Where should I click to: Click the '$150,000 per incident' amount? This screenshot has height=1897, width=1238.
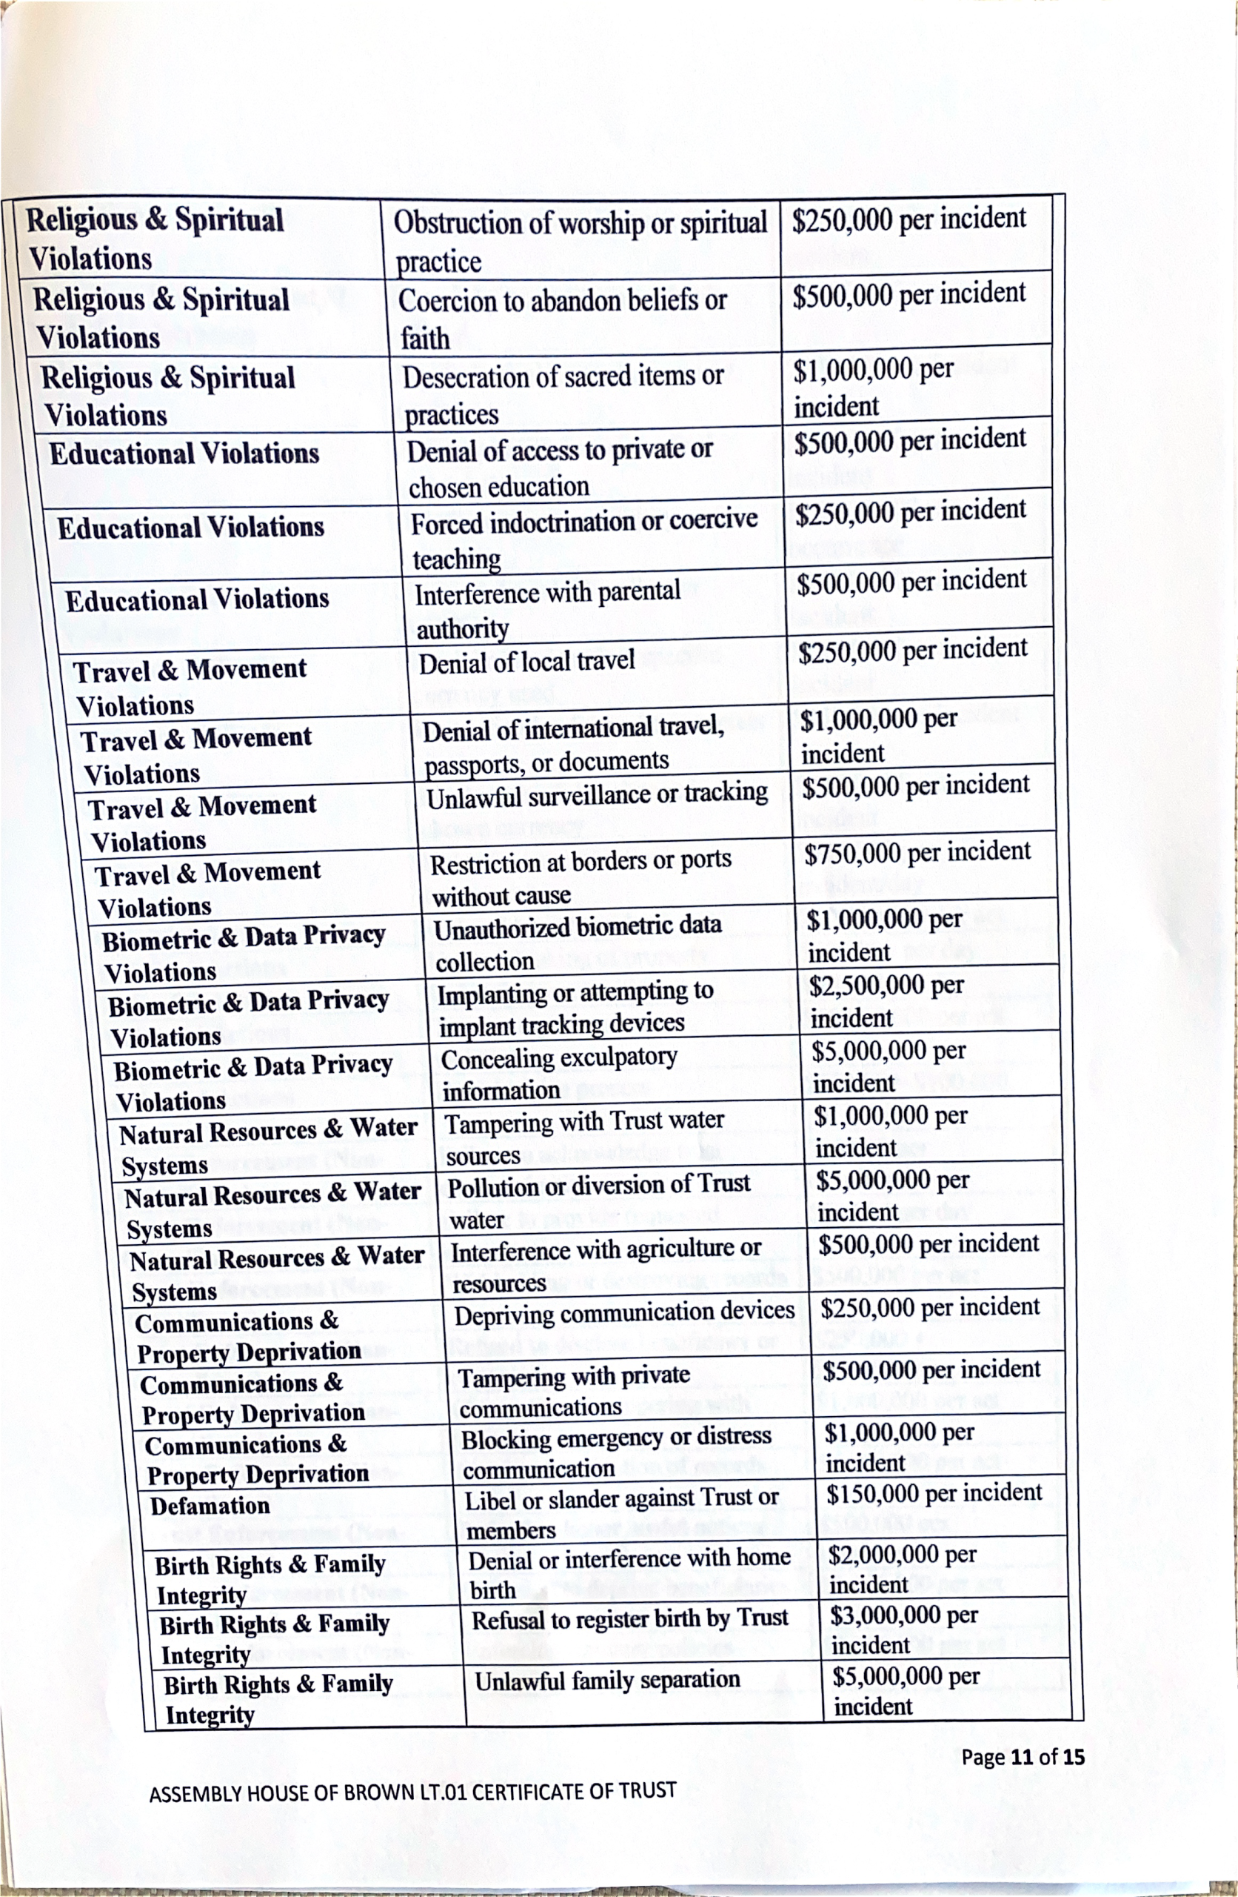[934, 1494]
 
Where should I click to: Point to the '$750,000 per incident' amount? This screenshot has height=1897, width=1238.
[917, 853]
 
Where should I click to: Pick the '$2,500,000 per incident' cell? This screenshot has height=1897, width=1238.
[886, 1000]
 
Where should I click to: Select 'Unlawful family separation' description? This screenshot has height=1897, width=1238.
[607, 1680]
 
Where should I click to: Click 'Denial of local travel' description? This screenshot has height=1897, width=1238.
[526, 662]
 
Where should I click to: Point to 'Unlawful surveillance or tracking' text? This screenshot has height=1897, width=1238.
[597, 795]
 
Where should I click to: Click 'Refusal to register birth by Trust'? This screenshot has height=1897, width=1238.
[629, 1619]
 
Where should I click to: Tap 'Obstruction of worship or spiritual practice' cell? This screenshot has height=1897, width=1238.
[579, 241]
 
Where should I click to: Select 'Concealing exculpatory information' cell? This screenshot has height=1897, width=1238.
[558, 1074]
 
